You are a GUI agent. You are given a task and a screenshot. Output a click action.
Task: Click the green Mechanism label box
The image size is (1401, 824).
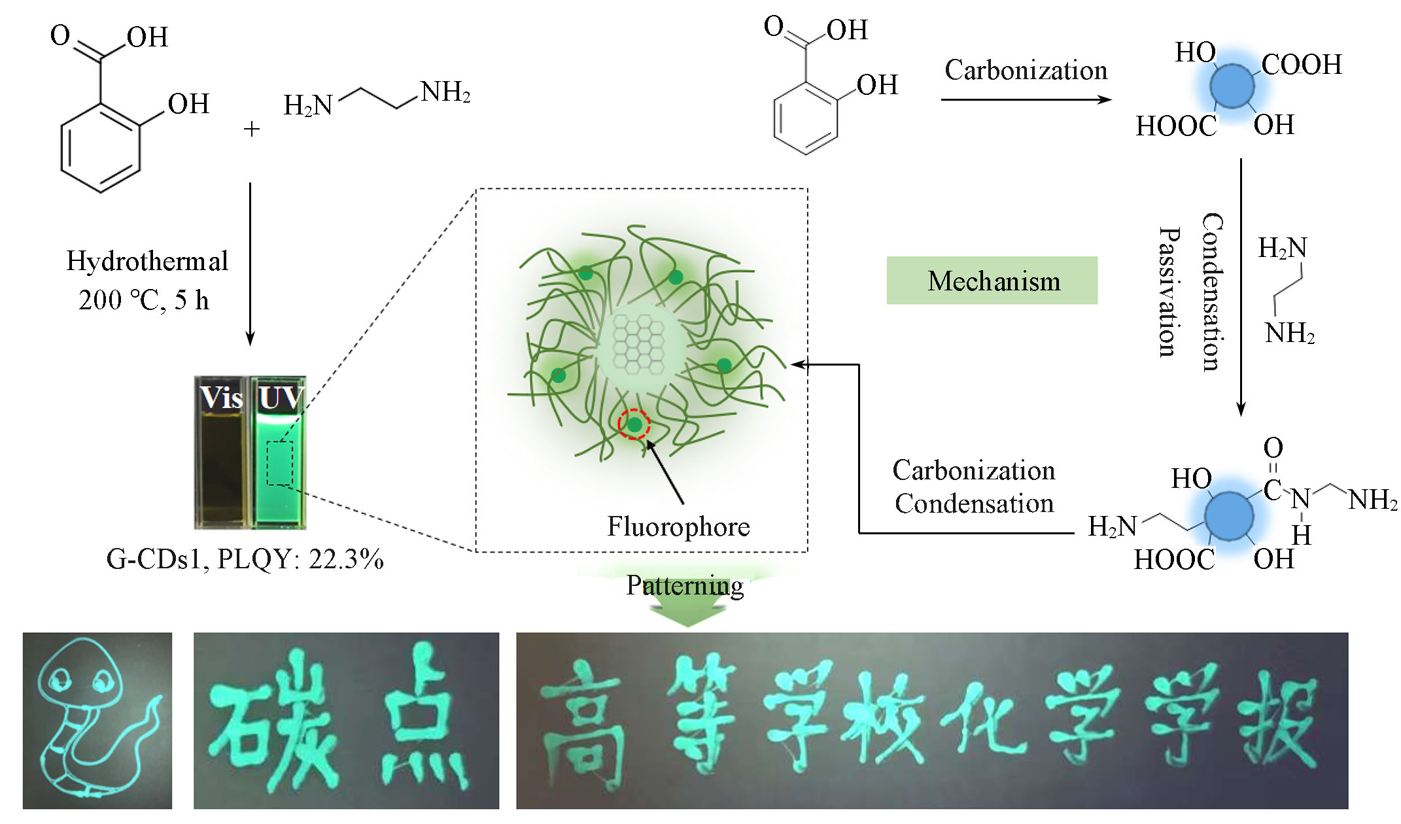click(x=992, y=281)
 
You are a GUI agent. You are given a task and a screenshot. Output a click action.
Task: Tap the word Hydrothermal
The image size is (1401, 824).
click(x=147, y=261)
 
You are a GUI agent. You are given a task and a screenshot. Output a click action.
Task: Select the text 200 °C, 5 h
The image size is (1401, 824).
click(x=144, y=300)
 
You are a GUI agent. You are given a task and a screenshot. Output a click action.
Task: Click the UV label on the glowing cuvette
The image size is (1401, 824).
click(x=280, y=398)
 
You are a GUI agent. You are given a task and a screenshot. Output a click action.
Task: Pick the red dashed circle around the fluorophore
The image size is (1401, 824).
click(x=634, y=425)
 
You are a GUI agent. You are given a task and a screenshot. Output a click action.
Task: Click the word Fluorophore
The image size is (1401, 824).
click(x=678, y=526)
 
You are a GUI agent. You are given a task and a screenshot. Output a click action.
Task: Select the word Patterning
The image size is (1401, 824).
click(x=685, y=585)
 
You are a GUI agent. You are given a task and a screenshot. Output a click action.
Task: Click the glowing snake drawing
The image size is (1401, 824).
click(x=97, y=720)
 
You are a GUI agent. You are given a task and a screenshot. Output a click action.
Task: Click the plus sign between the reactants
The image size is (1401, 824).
click(x=252, y=129)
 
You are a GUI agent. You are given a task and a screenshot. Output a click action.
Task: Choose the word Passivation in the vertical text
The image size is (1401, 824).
click(x=1169, y=292)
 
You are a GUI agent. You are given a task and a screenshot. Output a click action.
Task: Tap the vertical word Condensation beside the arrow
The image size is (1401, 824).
click(x=1212, y=292)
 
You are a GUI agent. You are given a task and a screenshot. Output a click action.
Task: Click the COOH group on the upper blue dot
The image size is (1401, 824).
click(x=1302, y=65)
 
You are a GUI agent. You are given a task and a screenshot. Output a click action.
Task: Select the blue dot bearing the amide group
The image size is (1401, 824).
click(x=1229, y=516)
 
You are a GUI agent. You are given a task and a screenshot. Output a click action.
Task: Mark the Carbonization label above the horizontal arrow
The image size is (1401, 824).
click(x=1026, y=71)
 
